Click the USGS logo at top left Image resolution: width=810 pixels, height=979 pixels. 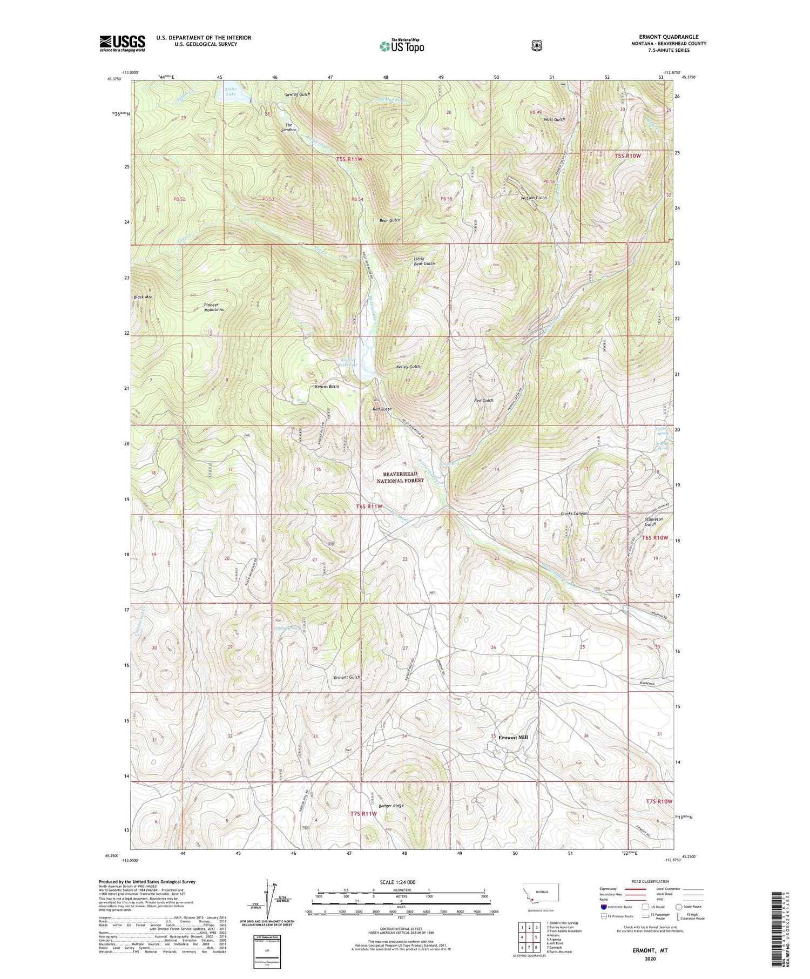[122, 44]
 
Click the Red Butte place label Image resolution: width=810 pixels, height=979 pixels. [382, 409]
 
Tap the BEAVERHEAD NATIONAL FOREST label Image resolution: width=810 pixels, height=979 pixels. [400, 477]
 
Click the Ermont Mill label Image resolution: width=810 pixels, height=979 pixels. [512, 737]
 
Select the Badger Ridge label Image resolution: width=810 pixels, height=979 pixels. [391, 806]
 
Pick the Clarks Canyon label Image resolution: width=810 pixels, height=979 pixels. [574, 514]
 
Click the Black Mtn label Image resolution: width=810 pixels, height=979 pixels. [143, 298]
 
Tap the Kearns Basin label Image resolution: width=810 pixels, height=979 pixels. [327, 387]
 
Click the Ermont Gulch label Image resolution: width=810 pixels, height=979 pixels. [347, 677]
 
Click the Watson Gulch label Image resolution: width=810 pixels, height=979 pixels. [534, 198]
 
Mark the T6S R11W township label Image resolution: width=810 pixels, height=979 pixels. [369, 507]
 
